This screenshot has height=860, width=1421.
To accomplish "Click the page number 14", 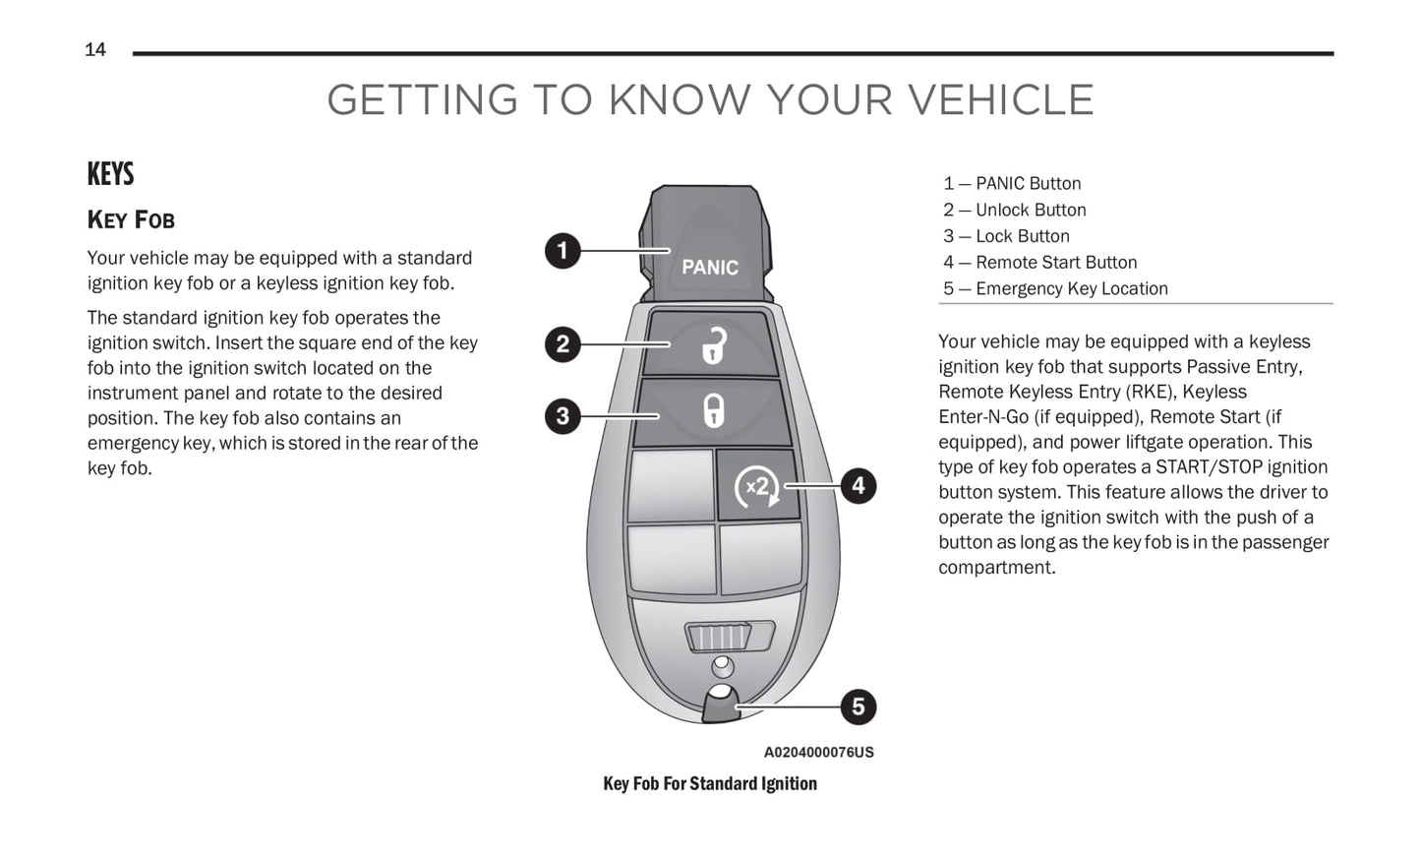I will point(95,50).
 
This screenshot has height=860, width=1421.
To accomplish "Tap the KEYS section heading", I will point(110,174).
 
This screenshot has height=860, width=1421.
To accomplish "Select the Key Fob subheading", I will point(131,219).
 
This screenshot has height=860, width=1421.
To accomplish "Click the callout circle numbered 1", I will point(562,251).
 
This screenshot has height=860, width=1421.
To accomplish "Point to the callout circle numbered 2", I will point(562,344).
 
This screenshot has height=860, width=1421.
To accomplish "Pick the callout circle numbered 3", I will point(562,416).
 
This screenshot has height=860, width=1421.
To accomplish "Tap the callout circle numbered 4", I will point(859,485).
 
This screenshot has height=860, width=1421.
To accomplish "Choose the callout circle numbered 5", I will point(859,706).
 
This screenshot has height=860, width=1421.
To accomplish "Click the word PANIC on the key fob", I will point(710,268).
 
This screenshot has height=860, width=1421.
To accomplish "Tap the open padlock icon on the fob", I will point(713,345).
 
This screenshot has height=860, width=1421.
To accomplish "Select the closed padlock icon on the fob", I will point(713,410).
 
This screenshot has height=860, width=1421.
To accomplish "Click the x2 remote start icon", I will point(757,487).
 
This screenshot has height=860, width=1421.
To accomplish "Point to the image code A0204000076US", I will point(818,752).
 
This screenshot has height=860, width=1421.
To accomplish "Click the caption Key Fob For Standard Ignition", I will point(710,783).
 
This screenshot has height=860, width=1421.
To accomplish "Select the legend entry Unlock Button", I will point(1031,210).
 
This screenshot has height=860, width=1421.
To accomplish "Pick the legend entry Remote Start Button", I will point(1056,262).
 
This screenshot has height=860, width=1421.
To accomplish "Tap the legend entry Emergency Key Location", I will point(1072,288).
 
